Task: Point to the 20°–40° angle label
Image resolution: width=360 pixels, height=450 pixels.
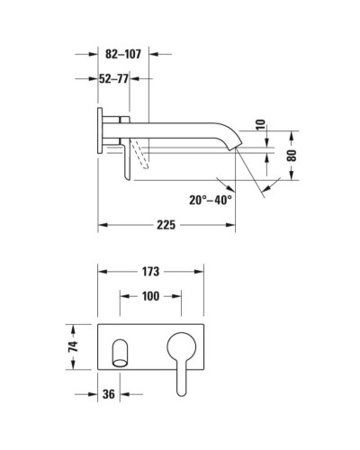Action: click(x=211, y=199)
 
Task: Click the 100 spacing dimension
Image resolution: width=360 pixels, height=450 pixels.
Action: click(x=150, y=296)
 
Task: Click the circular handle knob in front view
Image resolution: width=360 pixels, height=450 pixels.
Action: click(x=182, y=347)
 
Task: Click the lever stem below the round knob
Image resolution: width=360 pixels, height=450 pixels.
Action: click(x=180, y=378)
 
